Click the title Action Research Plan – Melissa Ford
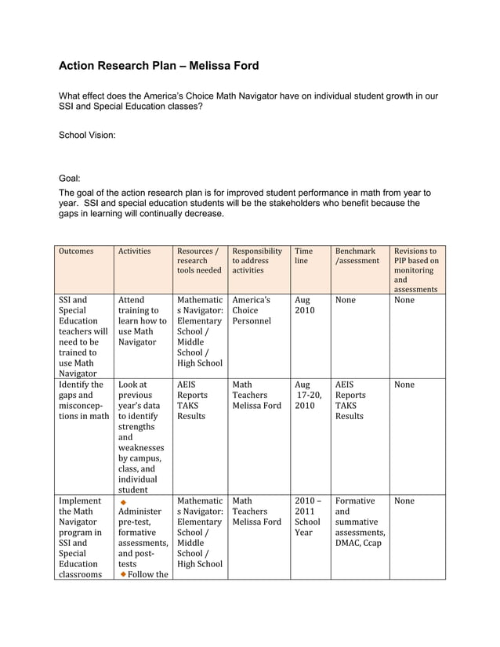(x=158, y=66)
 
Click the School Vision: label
(x=87, y=135)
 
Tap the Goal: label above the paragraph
(x=70, y=179)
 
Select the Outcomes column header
(x=76, y=251)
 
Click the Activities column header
(x=134, y=251)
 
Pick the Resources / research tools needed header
(x=199, y=261)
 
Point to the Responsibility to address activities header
(x=257, y=261)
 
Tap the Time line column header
(x=303, y=256)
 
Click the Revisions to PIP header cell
(x=416, y=270)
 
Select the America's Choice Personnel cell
(x=252, y=310)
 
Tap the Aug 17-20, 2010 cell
(x=307, y=396)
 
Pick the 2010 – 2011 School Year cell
(x=307, y=516)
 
